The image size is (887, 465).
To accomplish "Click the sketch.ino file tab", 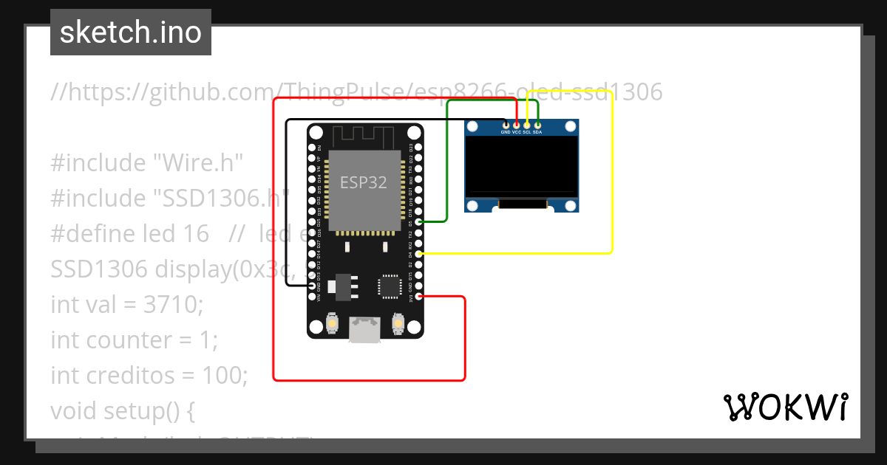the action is (x=131, y=32).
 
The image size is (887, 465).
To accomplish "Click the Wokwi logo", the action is (x=785, y=407).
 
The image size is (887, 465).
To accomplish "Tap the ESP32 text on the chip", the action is (x=363, y=182).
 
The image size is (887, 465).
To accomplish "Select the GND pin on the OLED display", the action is (x=506, y=125).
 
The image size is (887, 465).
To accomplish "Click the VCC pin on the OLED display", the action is (x=516, y=125).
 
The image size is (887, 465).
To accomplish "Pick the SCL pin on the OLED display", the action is (x=527, y=125).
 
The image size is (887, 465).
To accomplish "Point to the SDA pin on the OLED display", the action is (x=537, y=125).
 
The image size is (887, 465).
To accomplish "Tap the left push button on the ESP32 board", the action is (x=333, y=323).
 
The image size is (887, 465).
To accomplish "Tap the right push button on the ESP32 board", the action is (x=398, y=323).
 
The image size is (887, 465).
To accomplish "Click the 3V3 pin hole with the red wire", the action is (x=419, y=296).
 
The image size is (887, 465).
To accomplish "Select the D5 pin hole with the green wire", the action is (x=419, y=221).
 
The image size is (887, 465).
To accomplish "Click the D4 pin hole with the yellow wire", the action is (x=419, y=253).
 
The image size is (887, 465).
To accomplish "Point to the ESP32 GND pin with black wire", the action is (x=312, y=286).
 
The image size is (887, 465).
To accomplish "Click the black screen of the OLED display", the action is (x=521, y=168).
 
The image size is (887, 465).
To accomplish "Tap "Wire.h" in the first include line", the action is (x=199, y=162).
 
